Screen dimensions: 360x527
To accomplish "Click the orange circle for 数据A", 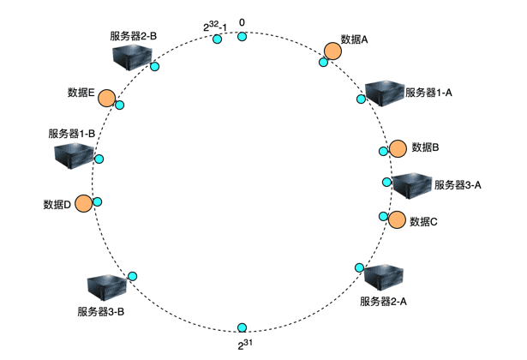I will click(332, 52).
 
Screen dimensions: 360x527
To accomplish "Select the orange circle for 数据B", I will click(398, 148).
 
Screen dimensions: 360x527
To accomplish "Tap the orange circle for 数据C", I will click(396, 219).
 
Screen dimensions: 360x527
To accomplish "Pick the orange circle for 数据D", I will click(83, 204).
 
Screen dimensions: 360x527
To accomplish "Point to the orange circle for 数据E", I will click(107, 98).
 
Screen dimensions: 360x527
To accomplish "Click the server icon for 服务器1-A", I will click(383, 92).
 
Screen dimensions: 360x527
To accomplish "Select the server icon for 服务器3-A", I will click(411, 185).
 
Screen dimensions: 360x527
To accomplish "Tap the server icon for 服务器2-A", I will click(382, 278).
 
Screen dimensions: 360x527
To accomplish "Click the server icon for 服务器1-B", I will click(73, 155).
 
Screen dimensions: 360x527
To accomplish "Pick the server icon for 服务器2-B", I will click(134, 57).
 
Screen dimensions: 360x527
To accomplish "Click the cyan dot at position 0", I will click(243, 36).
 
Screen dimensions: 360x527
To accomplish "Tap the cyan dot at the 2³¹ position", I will click(243, 328).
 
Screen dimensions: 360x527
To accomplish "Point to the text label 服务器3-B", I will click(101, 311).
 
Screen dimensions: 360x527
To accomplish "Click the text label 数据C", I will click(424, 221).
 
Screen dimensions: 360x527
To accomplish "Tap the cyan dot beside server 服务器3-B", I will click(133, 275).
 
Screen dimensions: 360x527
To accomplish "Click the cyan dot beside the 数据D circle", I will click(98, 201).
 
